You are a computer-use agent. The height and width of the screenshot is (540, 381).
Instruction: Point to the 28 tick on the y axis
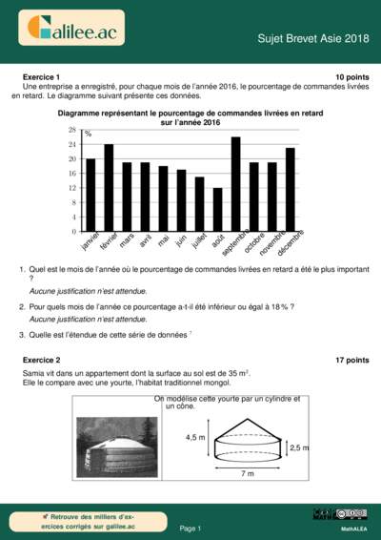(x=72, y=129)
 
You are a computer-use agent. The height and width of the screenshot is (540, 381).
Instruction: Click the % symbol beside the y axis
(x=88, y=134)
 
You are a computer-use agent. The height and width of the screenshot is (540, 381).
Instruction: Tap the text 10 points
(x=351, y=75)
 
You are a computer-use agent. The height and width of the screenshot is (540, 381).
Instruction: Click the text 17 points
(x=351, y=360)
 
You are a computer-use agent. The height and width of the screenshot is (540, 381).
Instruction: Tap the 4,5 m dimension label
(x=194, y=436)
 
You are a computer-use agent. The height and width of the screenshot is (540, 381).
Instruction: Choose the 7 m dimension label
(x=248, y=473)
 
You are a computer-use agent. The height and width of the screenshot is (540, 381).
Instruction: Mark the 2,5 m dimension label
(x=298, y=447)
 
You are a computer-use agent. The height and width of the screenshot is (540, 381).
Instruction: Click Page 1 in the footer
(x=190, y=528)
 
